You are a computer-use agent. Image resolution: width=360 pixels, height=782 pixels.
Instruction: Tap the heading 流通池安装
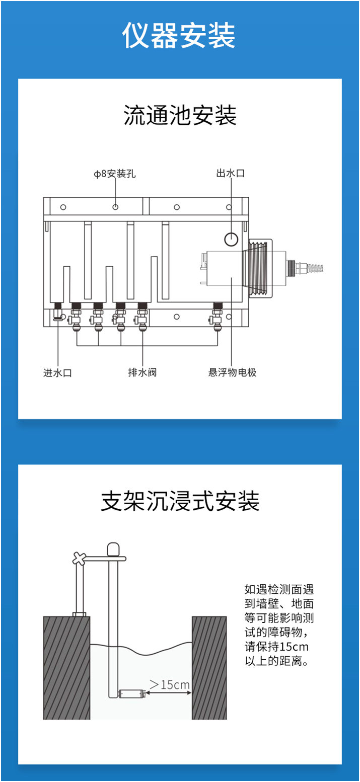click(180, 116)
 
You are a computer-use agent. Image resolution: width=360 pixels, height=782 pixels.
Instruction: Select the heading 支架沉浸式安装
click(180, 501)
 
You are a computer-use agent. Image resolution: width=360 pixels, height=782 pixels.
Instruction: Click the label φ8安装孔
click(115, 174)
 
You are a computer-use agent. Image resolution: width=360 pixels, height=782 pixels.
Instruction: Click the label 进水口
click(57, 373)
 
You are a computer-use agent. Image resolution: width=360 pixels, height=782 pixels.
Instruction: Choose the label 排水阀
click(142, 373)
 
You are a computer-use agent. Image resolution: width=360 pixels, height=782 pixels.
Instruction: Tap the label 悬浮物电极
click(232, 373)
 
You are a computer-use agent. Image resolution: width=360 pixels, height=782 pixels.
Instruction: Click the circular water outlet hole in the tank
click(231, 239)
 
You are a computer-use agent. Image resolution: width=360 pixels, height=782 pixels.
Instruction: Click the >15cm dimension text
click(170, 684)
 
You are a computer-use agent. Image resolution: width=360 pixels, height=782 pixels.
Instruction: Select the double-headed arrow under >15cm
click(169, 694)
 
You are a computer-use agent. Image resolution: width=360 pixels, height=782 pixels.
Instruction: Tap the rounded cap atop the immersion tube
click(114, 549)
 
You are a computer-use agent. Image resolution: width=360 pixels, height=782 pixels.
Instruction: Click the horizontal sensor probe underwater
click(132, 694)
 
